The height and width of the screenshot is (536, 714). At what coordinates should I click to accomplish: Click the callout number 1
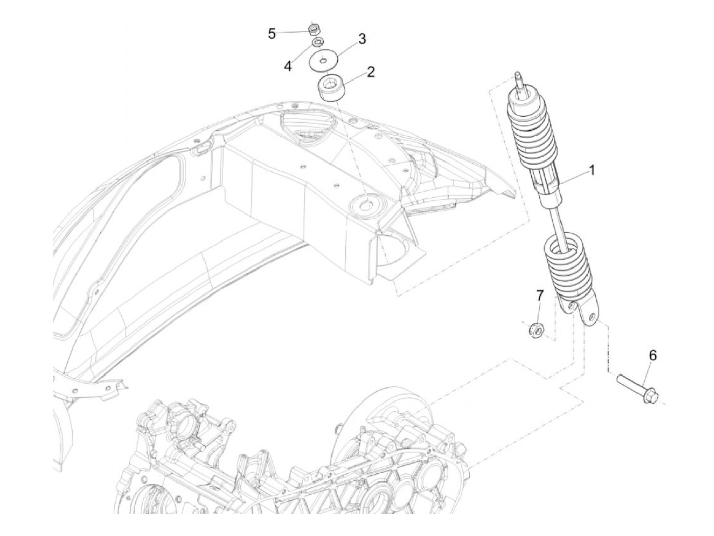[x=592, y=170]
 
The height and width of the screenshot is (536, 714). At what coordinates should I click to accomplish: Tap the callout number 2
[x=370, y=71]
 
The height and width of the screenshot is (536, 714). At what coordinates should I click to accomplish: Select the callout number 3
[x=361, y=39]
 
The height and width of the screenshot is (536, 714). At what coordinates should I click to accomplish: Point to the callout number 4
[x=288, y=66]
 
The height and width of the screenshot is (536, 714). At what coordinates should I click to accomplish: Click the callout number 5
[x=272, y=34]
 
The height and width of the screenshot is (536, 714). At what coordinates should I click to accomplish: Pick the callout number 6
[x=652, y=356]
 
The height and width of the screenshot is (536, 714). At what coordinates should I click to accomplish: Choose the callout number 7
[x=540, y=296]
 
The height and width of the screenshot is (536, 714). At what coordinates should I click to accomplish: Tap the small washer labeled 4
[x=317, y=41]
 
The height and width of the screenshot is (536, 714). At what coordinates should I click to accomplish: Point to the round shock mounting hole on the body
[x=365, y=206]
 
